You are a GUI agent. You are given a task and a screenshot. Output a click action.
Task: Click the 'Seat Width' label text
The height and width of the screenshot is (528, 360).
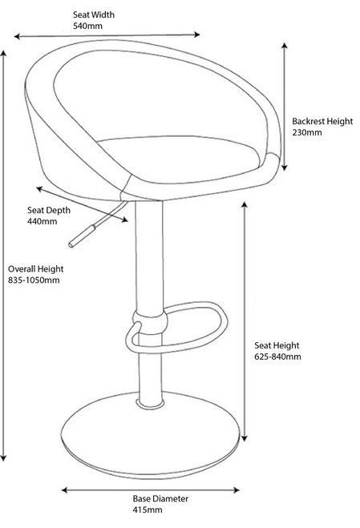pos(94,14)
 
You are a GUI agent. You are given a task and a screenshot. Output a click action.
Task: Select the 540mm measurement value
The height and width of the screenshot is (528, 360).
pos(87,26)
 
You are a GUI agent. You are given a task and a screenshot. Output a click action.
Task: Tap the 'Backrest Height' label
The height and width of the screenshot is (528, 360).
pos(322,121)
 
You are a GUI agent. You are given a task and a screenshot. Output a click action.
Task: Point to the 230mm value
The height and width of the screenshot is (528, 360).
pos(307,132)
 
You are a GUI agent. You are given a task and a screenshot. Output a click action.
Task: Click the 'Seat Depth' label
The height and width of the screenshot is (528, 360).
pos(49,211)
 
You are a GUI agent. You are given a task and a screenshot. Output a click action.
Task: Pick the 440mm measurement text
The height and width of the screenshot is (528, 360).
pos(42,222)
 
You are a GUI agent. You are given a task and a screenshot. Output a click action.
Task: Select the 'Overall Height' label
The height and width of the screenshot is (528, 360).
pos(36,269)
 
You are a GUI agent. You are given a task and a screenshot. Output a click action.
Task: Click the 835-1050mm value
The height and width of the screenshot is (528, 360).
pos(34,280)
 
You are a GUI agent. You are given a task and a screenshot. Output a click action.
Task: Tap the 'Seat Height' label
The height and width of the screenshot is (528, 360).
pos(277,345)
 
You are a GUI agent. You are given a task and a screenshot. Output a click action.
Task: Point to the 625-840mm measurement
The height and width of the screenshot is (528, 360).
pos(277,357)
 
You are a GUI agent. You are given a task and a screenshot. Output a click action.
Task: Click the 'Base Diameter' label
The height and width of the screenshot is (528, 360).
pos(160,498)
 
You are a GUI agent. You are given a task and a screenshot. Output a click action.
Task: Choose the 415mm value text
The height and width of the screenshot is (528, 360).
pos(148,510)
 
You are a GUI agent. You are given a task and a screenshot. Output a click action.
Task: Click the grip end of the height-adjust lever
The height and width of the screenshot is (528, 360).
pos(82,236)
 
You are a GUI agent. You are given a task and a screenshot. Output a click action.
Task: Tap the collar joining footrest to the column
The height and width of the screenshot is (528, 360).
pos(150,322)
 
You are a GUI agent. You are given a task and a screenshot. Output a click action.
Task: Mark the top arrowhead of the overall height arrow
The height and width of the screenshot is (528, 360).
pos(3,54)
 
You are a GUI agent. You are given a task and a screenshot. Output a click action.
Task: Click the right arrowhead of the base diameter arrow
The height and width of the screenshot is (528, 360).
pos(237,490)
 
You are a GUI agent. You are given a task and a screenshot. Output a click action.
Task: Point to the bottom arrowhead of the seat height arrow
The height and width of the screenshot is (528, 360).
pos(245,437)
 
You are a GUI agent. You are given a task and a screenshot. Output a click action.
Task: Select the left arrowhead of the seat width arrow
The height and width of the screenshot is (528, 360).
pos(18,36)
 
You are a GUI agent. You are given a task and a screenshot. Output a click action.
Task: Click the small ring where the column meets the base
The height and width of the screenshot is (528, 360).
pos(151,404)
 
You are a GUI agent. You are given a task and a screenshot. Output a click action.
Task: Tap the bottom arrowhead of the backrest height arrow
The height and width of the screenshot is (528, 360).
pos(285,167)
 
